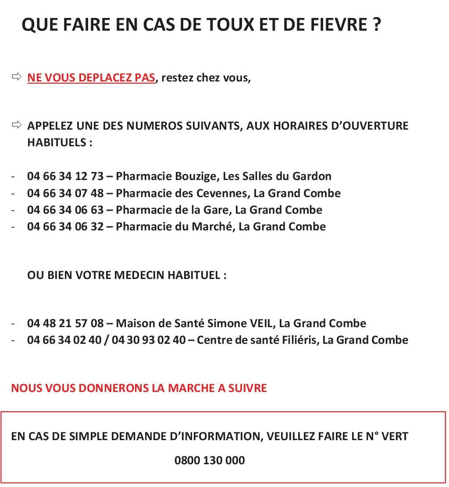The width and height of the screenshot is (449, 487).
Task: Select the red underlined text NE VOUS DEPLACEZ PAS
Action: pos(91,78)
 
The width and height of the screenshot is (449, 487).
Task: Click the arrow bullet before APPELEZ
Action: pos(17,126)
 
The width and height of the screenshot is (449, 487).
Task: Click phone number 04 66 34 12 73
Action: pos(65,176)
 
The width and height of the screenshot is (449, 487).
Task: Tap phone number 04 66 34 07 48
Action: pos(65,193)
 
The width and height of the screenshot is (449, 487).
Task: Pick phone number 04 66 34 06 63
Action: pos(65,210)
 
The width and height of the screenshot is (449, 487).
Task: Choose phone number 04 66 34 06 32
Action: pos(65,226)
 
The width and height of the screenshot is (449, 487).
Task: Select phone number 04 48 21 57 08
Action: pos(65,324)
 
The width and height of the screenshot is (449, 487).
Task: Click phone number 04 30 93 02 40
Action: pos(149,340)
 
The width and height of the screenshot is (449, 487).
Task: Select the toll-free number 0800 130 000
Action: pos(210,461)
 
